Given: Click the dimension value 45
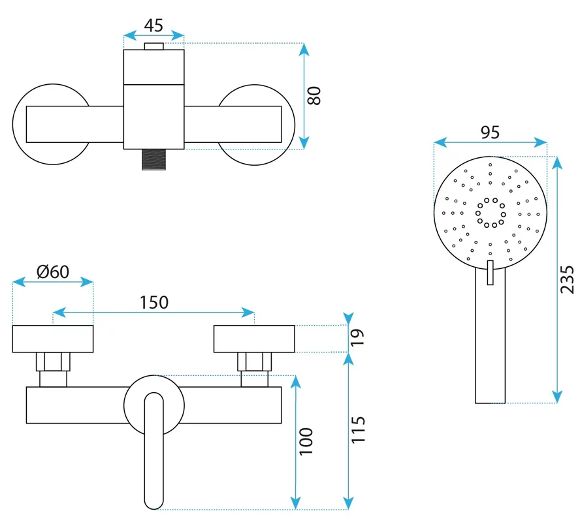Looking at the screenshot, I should pyautogui.click(x=153, y=25).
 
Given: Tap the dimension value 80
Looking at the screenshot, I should pyautogui.click(x=315, y=96).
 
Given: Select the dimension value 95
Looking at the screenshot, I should pyautogui.click(x=490, y=132).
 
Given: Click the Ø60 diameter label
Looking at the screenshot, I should pyautogui.click(x=53, y=271).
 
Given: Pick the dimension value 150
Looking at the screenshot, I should pyautogui.click(x=153, y=302).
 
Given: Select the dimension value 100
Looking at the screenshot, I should pyautogui.click(x=308, y=441).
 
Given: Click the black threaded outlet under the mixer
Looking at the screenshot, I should pyautogui.click(x=153, y=159).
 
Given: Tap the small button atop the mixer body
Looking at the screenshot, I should pyautogui.click(x=154, y=46).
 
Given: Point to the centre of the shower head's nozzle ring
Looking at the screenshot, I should pyautogui.click(x=491, y=212).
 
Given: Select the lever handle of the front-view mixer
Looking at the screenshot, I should pyautogui.click(x=153, y=450).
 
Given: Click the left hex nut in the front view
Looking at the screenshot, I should pyautogui.click(x=53, y=362).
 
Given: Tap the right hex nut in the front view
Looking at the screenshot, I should pyautogui.click(x=254, y=362).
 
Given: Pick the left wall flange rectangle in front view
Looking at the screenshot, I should pyautogui.click(x=53, y=339).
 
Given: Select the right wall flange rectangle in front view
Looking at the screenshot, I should pyautogui.click(x=254, y=339).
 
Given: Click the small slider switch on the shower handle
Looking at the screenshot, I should pyautogui.click(x=491, y=273).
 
